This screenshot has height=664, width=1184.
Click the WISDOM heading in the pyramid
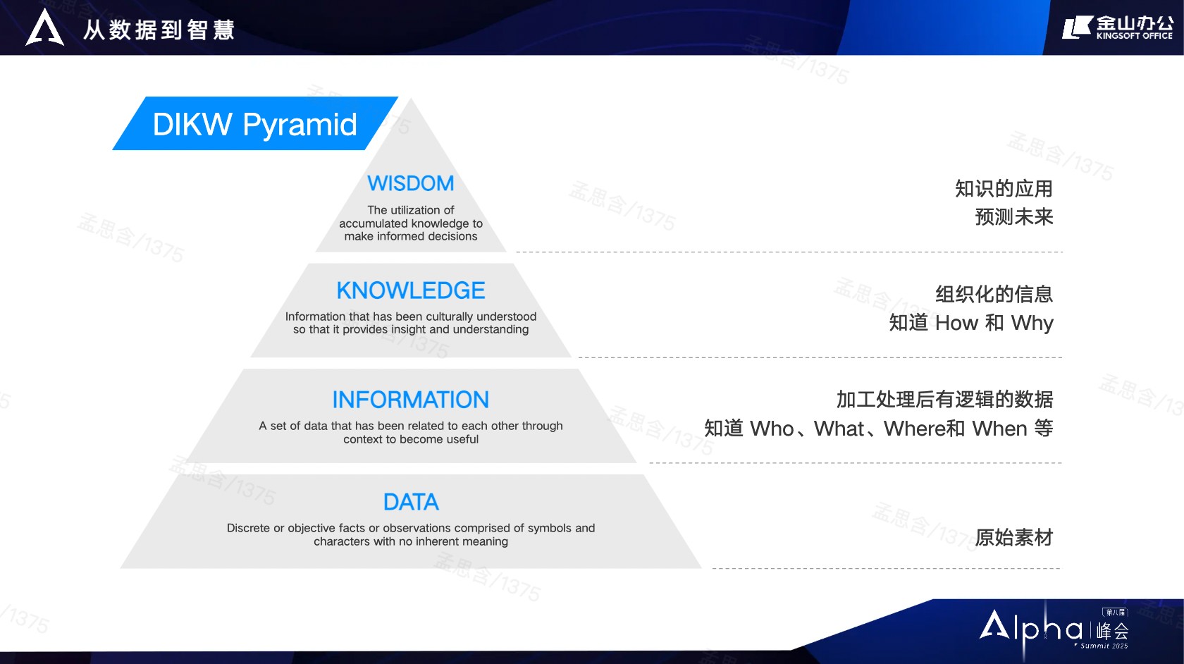coord(411,183)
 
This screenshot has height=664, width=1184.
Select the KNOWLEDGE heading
coord(411,290)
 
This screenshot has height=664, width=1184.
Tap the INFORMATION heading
coord(411,400)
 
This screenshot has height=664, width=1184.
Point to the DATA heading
coord(411,502)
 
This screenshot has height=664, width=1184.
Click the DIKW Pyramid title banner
coord(255,124)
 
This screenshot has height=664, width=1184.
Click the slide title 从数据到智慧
coord(159,30)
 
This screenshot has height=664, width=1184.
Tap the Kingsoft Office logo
coord(1118,27)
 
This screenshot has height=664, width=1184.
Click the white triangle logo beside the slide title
coord(45,27)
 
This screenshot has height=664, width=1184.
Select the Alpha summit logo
coord(1054,629)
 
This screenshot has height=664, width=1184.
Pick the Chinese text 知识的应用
coord(1004,189)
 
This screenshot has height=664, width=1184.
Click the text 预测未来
coord(1013,217)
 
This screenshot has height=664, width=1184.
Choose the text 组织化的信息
coord(994,294)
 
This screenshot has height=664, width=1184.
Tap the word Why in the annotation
coord(1032,323)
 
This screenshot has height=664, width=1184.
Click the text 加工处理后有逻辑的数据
coord(944,400)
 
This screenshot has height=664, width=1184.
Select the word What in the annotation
coord(839,429)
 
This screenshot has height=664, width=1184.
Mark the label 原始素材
coord(1013,538)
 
